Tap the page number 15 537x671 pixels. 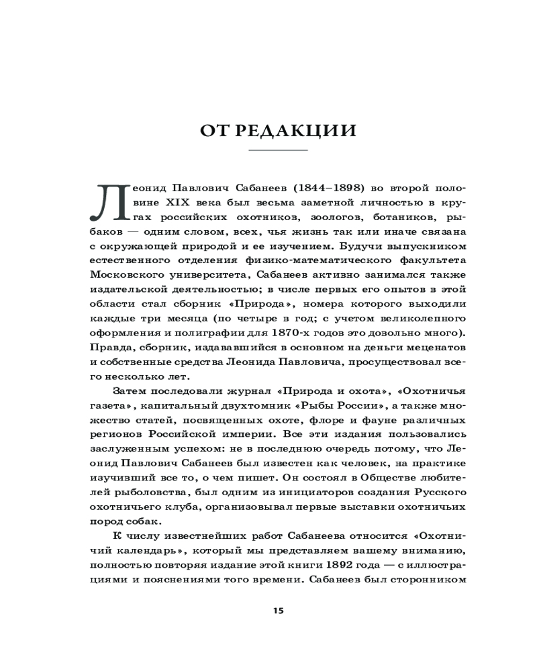pos(278,611)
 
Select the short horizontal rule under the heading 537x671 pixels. pos(278,150)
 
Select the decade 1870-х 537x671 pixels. pos(297,333)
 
